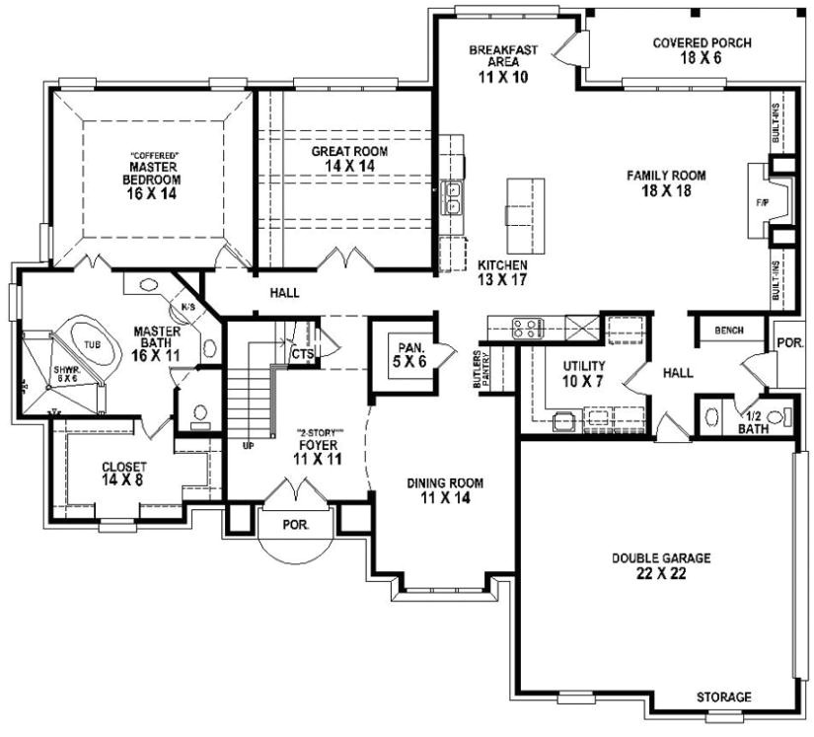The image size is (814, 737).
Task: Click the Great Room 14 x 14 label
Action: tap(349, 159)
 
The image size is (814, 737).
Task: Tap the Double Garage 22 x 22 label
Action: tap(660, 565)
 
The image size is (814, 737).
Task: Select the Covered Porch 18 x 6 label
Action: tap(702, 50)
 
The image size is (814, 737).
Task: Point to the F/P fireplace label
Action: tap(762, 203)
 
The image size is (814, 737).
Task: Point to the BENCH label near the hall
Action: tap(728, 331)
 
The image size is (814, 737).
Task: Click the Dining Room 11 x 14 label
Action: tap(446, 490)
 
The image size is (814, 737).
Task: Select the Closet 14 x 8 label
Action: tap(123, 474)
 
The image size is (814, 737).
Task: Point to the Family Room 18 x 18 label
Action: tap(666, 183)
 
